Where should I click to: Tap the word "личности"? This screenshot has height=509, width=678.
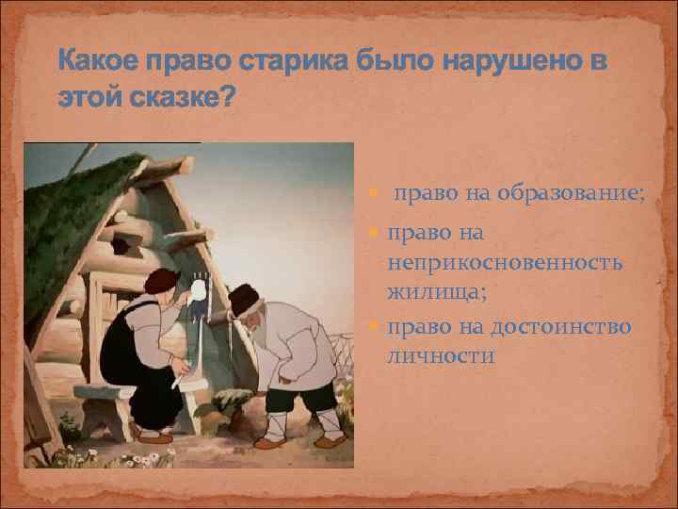[x=440, y=356]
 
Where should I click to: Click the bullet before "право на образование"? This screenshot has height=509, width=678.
[x=377, y=195]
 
